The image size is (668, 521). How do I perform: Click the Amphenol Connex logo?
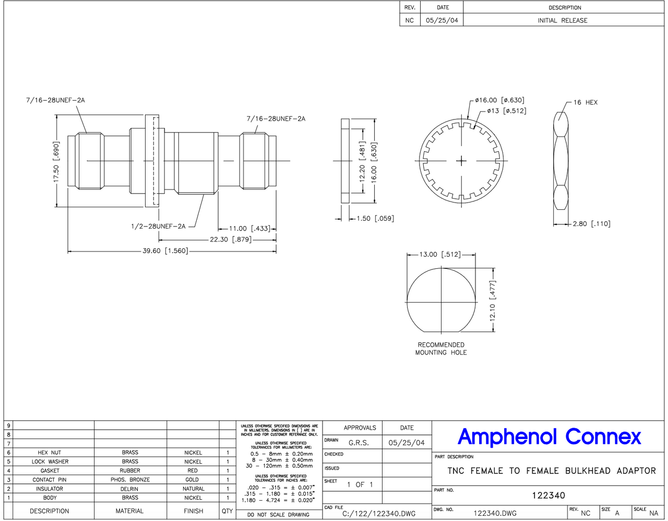coord(549,436)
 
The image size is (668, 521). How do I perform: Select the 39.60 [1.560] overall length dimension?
coord(165,251)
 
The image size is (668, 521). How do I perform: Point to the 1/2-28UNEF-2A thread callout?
coord(158,226)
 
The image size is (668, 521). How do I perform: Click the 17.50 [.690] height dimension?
coord(56,162)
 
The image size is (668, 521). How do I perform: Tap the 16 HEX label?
coord(585,102)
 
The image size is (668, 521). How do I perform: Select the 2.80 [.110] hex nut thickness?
coord(591,223)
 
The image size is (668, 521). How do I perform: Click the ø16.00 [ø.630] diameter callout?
coord(499,100)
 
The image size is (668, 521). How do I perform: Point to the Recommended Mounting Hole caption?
coord(441,349)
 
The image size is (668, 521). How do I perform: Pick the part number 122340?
coord(548,495)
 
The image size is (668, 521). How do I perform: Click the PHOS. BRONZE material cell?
coord(130,479)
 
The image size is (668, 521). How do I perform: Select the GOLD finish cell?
coord(192,479)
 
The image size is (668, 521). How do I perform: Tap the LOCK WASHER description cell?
coord(50,461)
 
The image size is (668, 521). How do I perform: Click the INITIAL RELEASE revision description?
coord(562,20)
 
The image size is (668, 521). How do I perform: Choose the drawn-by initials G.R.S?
coord(359,443)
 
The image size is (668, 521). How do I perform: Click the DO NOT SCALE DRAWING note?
coord(278,514)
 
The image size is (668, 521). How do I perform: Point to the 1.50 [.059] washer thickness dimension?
coord(375,218)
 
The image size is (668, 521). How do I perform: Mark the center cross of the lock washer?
coord(461,161)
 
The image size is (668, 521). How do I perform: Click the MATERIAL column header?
coord(129,511)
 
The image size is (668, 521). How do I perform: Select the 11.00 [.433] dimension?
coord(250,228)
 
